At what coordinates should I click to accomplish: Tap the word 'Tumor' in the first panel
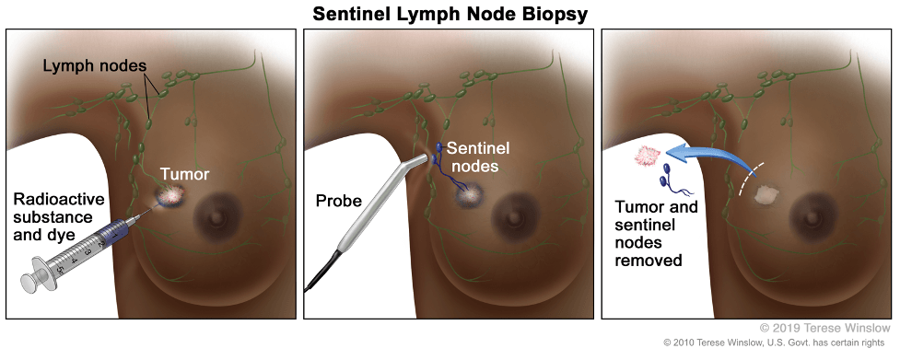coord(185,174)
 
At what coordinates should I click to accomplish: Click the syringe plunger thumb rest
coord(31,281)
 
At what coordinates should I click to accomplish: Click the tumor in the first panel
coord(173,196)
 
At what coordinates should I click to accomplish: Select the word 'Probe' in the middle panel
coord(339,201)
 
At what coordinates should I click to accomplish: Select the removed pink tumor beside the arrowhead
coord(646,155)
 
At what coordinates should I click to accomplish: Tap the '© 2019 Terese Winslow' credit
coord(825,328)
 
